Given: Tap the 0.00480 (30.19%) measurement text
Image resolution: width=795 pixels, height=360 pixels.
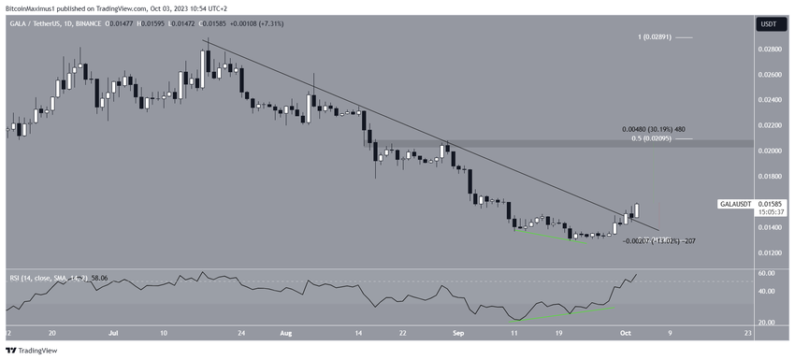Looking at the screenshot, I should pyautogui.click(x=655, y=130).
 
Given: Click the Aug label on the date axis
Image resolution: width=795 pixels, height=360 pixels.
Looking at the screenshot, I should pyautogui.click(x=286, y=331).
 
